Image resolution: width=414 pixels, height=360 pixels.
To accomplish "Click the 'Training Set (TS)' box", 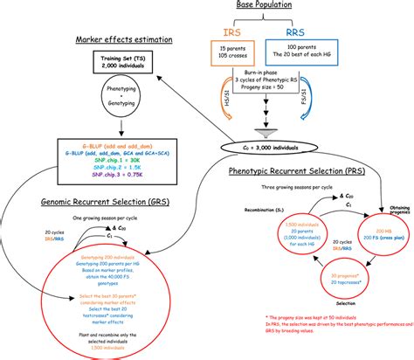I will [x=119, y=64].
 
